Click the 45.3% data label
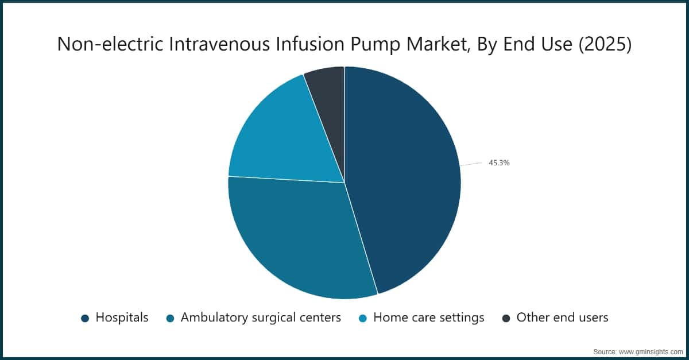tap(499, 163)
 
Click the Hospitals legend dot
tap(85, 318)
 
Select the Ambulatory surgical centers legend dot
tap(170, 318)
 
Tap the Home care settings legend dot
tap(363, 318)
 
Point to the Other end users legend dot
tap(506, 318)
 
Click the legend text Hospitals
tap(122, 318)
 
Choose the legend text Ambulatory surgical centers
tap(261, 318)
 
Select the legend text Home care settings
tap(428, 318)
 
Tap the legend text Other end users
tap(562, 318)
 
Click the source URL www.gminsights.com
tap(651, 350)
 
